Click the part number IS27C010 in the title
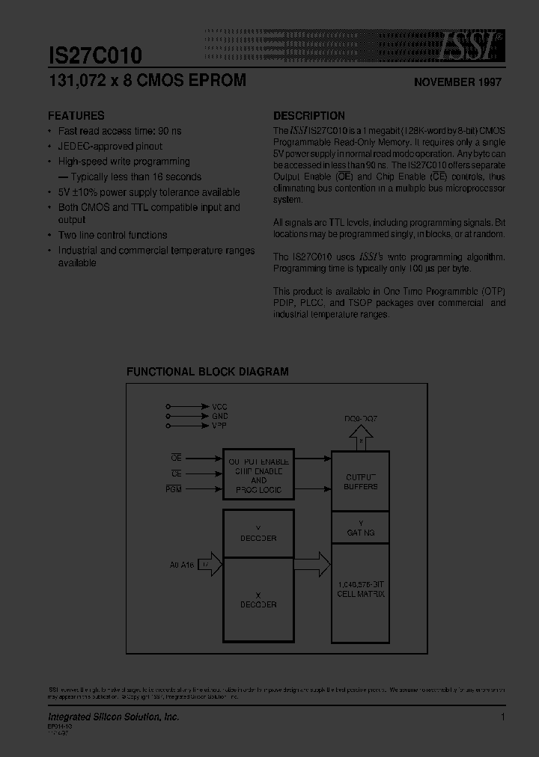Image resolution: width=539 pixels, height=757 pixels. coord(95,56)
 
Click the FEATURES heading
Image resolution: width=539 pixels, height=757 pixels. coord(76,116)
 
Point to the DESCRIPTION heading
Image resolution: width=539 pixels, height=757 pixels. coord(309,116)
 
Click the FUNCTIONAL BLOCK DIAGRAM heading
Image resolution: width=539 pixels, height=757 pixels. coord(207,372)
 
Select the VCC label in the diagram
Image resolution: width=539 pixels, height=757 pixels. coord(220,406)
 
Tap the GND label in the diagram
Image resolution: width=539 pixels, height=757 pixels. coord(220,416)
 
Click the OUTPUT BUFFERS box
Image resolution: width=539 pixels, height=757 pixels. coord(360,481)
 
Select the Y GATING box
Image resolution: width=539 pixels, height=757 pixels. coord(360,527)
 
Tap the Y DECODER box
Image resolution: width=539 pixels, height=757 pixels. coord(259,533)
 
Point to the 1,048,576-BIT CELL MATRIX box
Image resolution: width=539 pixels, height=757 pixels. coord(360,589)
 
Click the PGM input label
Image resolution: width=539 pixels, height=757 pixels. coord(177,488)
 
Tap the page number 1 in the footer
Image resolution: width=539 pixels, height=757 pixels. coord(503,717)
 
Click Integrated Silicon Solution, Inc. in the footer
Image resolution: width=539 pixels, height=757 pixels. coord(113,717)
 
